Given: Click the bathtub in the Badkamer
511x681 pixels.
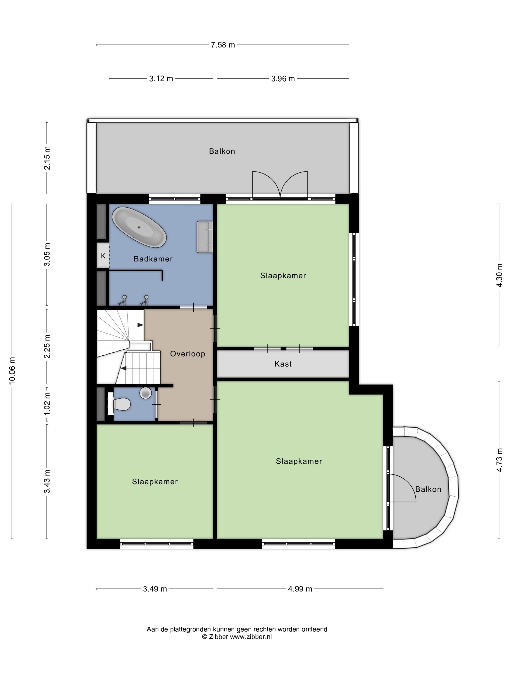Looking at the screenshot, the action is click(x=139, y=227).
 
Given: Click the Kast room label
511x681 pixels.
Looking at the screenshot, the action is click(x=283, y=364).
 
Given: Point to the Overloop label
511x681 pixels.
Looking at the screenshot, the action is click(x=188, y=354).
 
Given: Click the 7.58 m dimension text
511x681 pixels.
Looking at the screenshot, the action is click(x=223, y=45).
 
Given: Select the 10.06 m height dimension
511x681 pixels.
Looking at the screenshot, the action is click(x=12, y=370).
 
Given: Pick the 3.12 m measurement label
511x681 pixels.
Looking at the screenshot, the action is click(x=161, y=79).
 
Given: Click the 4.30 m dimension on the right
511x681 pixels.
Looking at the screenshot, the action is click(x=499, y=275).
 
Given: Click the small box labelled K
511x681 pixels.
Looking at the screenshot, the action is click(x=103, y=256).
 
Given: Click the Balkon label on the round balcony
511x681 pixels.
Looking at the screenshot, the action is click(x=428, y=489).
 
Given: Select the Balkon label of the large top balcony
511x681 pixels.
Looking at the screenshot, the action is click(x=222, y=151).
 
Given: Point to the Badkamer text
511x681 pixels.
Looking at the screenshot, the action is click(x=153, y=259).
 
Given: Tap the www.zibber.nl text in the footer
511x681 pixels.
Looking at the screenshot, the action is click(x=251, y=637).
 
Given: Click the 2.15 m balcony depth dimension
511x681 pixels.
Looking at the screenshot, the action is click(x=47, y=158).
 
